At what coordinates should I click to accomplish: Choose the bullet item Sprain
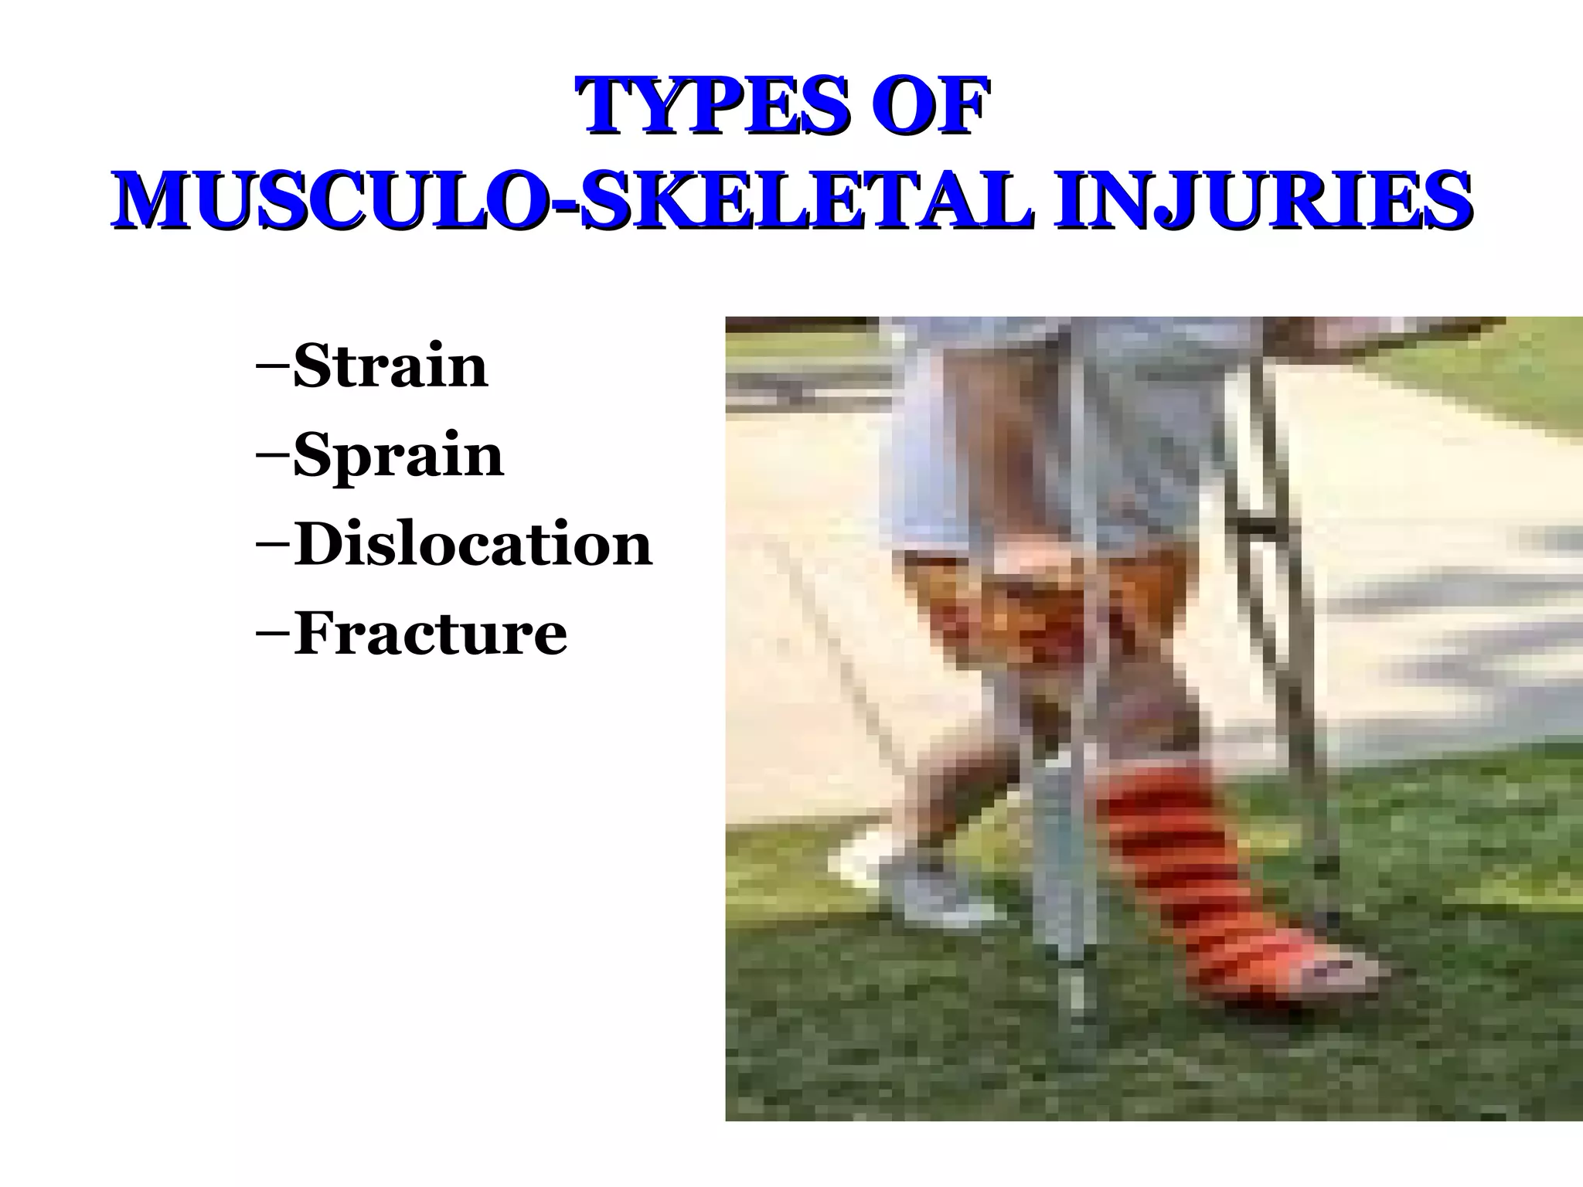[398, 456]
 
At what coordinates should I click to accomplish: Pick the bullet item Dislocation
[472, 545]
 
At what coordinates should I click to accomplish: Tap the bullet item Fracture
[430, 634]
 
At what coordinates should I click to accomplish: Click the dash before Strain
[272, 366]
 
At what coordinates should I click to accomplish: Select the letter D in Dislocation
[317, 544]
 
